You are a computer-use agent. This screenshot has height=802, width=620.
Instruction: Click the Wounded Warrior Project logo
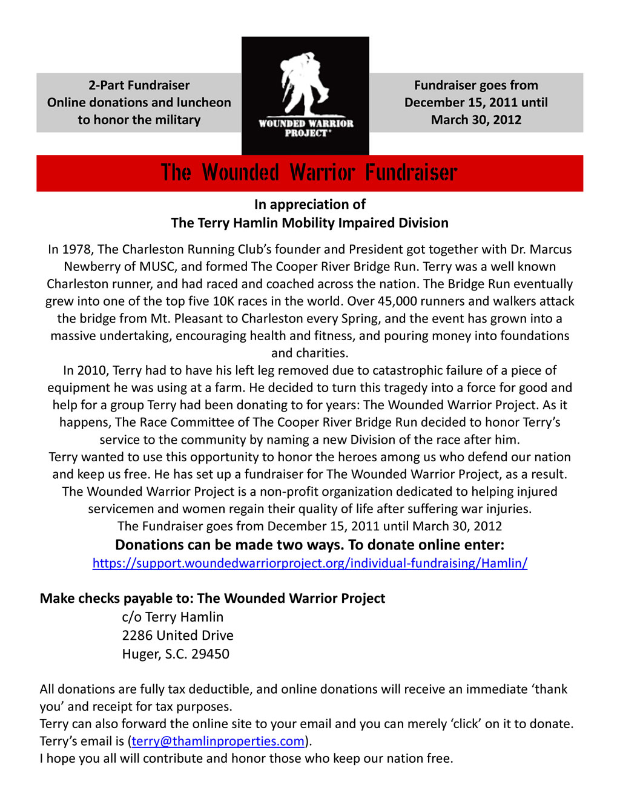point(305,95)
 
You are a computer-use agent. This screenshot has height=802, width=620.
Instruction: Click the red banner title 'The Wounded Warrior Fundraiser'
point(309,173)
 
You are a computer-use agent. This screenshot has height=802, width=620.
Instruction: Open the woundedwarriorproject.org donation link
point(309,563)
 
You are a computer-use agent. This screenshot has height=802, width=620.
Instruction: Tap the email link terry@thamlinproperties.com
point(218,741)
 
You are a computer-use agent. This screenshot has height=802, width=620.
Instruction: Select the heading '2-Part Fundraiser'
point(139,85)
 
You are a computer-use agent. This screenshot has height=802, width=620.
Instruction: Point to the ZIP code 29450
point(210,654)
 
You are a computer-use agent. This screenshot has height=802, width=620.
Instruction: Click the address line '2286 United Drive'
point(177,635)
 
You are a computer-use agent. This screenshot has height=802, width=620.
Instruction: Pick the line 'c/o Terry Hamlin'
point(173,617)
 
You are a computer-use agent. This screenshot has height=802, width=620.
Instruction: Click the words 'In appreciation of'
point(309,205)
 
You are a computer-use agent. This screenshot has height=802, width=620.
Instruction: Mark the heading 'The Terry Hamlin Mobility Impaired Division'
point(309,223)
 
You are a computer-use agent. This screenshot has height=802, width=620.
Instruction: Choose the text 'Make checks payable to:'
point(116,599)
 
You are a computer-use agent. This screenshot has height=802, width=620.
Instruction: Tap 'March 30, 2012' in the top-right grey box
point(476,120)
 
